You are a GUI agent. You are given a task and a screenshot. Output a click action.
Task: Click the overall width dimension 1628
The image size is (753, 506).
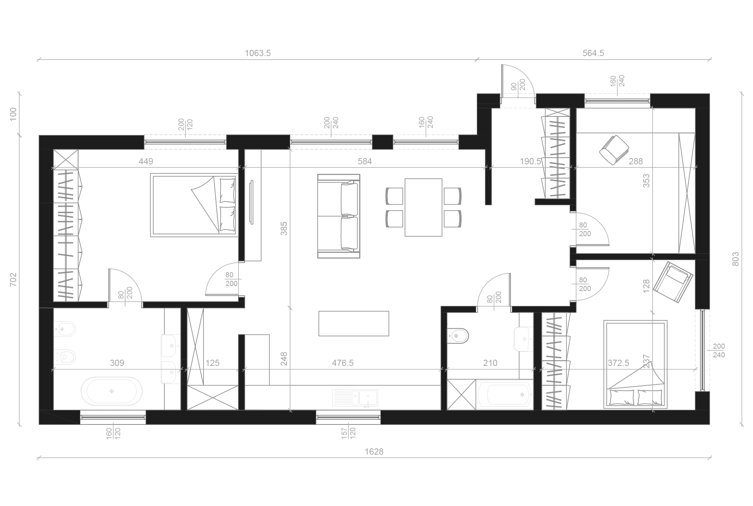374,451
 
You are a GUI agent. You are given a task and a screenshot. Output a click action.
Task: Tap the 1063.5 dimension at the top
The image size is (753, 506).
258,53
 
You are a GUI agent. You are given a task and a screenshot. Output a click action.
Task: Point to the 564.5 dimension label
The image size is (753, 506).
593,53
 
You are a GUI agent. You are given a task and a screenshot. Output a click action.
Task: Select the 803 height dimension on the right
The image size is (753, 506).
735,259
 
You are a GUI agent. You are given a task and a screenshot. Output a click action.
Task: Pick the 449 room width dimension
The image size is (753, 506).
146,161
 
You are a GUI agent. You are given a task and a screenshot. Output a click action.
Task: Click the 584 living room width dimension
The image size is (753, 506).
365,161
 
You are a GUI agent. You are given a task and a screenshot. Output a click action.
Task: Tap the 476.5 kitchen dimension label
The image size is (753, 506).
343,363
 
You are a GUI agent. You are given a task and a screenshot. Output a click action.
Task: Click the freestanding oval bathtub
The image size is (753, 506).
112,391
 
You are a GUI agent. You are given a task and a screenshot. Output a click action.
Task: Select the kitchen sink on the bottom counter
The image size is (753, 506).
355,397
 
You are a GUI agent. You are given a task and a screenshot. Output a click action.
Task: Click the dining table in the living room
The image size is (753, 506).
424,207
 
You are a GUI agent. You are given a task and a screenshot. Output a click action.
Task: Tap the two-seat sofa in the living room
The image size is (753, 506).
338,216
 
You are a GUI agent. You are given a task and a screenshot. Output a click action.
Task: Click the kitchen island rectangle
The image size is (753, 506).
354,323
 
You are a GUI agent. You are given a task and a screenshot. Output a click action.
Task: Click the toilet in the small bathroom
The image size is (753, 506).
458,335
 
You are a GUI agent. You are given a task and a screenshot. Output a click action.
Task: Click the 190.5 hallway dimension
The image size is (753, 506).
530,161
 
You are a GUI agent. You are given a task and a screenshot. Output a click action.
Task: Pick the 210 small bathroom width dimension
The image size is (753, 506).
490,363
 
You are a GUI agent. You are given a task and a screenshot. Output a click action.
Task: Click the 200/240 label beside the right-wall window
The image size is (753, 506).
719,351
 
